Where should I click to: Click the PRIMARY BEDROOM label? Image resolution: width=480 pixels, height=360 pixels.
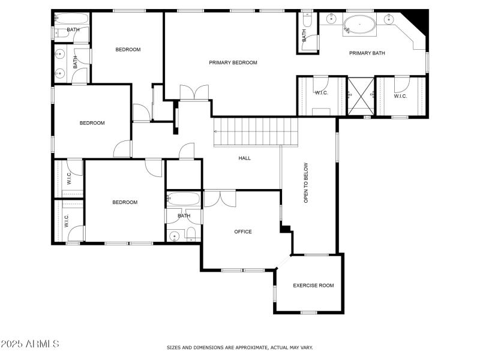233,62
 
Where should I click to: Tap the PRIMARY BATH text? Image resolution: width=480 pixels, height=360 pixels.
367,53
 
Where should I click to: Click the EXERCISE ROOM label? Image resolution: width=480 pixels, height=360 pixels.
313,285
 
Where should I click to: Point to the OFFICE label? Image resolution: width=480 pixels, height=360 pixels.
243,232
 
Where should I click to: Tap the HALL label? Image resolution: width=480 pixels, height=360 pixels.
245,158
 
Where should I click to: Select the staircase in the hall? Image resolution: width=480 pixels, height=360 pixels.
256,131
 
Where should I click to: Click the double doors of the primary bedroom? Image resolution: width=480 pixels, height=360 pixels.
194,93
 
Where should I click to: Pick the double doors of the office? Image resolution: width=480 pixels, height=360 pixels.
220,198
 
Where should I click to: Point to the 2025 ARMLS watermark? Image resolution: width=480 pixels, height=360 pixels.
30,344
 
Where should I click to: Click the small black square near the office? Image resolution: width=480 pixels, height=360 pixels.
286,229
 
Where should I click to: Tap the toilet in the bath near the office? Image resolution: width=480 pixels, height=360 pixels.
191,234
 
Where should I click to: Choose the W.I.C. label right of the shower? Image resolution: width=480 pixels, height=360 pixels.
401,95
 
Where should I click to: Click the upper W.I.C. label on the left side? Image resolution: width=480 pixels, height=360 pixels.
69,179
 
